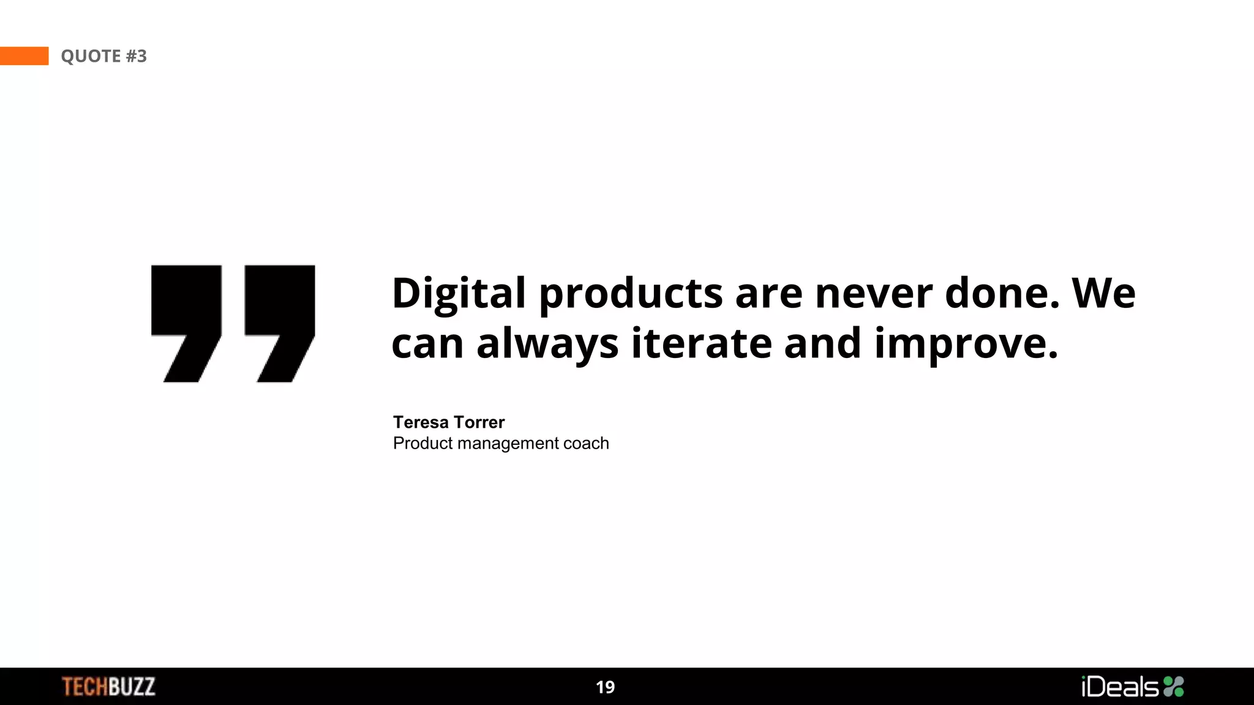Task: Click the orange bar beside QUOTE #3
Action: point(24,56)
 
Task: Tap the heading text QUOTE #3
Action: point(103,56)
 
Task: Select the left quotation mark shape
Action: point(186,318)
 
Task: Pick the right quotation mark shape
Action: point(280,318)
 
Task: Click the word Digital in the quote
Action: point(459,293)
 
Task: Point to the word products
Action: point(631,294)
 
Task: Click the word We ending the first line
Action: point(1103,293)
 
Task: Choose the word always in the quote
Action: point(547,344)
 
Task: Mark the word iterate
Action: point(701,343)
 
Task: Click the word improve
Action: point(966,345)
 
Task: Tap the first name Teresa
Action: point(421,422)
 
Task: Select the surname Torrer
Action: point(479,422)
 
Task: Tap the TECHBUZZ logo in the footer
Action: point(108,687)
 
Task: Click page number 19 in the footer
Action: point(605,687)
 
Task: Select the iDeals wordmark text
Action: point(1120,687)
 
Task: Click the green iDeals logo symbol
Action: point(1173,687)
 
